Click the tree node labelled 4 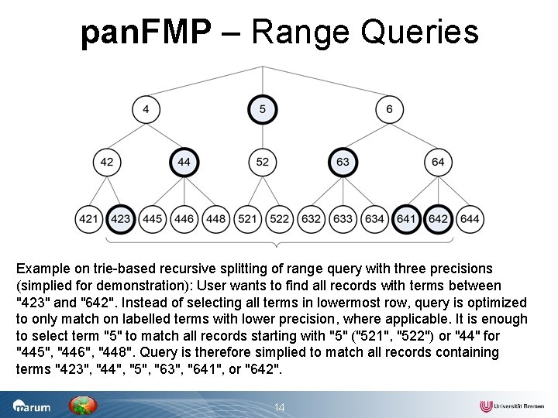click(x=146, y=109)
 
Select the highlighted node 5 click(x=262, y=109)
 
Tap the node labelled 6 click(x=389, y=109)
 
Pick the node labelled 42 click(x=107, y=163)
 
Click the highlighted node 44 click(x=184, y=163)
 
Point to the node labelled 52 click(x=263, y=163)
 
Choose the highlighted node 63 click(x=343, y=163)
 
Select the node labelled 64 click(x=438, y=163)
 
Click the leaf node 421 click(x=89, y=219)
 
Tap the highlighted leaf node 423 click(x=121, y=219)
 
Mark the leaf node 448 click(x=216, y=219)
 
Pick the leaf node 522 click(x=279, y=219)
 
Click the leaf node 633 click(x=343, y=219)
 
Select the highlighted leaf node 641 click(x=406, y=219)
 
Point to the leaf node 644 click(x=470, y=219)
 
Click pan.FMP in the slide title click(x=146, y=33)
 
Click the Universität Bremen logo click(x=512, y=406)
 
